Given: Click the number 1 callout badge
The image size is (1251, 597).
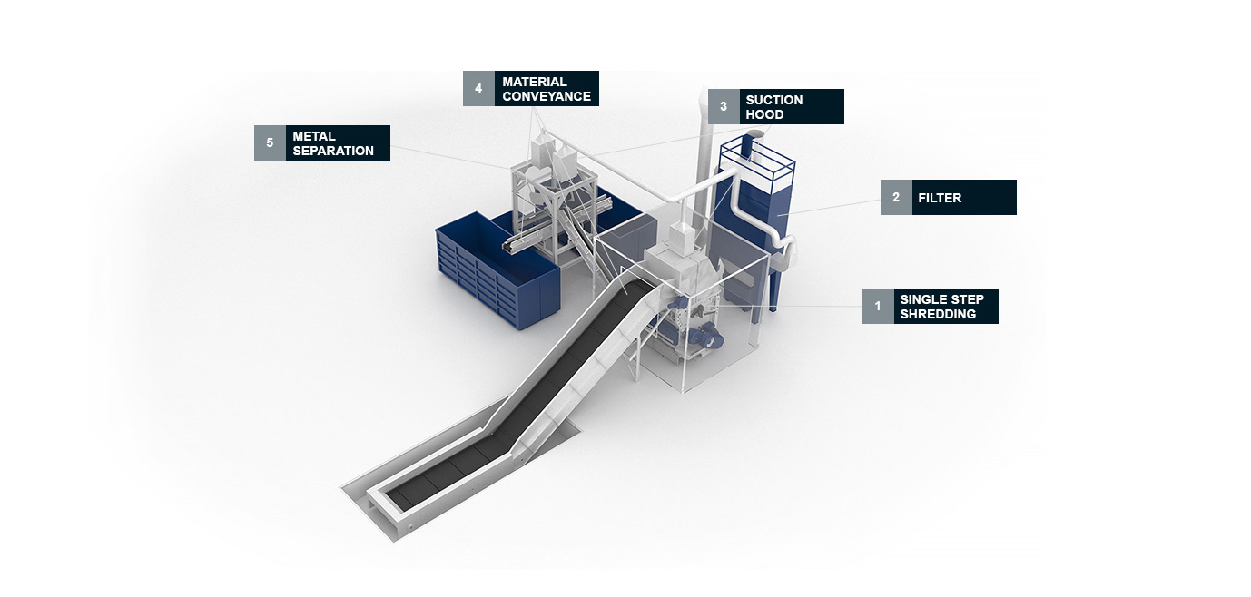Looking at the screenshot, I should pyautogui.click(x=878, y=306).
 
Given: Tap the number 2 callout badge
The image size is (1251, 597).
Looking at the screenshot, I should pyautogui.click(x=896, y=197).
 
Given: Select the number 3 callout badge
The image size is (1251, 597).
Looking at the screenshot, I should pyautogui.click(x=724, y=106).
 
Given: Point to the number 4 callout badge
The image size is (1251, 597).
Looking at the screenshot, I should pyautogui.click(x=478, y=88).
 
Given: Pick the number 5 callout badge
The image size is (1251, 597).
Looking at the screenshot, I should pyautogui.click(x=270, y=142).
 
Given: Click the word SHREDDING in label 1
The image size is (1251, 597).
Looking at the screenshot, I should pyautogui.click(x=938, y=314).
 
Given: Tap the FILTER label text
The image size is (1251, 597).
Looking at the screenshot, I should pyautogui.click(x=940, y=198).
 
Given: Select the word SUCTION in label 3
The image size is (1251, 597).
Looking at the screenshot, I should pyautogui.click(x=774, y=100).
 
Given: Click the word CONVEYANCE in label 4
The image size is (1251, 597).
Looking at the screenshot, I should pyautogui.click(x=547, y=96).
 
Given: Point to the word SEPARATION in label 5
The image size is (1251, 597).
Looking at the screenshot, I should pyautogui.click(x=333, y=151).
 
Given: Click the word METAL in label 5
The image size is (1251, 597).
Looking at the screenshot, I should pyautogui.click(x=314, y=136).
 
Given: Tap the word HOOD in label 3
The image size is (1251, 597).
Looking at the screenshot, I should pyautogui.click(x=763, y=114).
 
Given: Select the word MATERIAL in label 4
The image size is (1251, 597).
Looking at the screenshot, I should pyautogui.click(x=535, y=82).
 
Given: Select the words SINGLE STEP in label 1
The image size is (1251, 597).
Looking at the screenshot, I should pyautogui.click(x=941, y=299).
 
